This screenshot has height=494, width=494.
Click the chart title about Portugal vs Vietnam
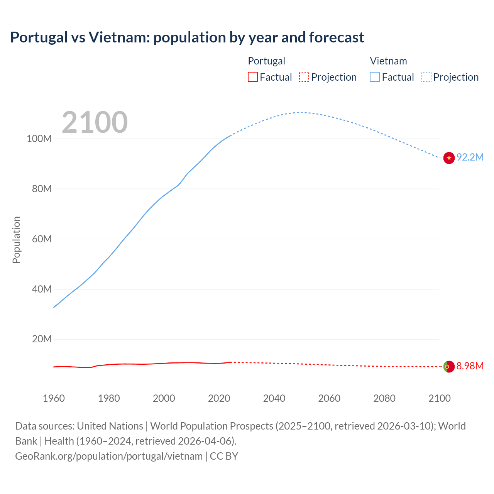tap(187, 37)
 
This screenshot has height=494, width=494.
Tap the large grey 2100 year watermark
tap(95, 122)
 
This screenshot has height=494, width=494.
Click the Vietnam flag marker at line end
tap(448, 157)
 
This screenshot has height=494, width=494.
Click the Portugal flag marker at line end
tap(448, 366)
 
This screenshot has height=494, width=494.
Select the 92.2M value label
tap(470, 157)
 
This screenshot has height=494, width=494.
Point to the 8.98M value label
tap(470, 366)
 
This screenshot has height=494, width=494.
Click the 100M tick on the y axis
tap(39, 139)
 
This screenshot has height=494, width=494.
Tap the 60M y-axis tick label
tap(41, 239)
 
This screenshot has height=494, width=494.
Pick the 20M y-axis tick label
tap(41, 339)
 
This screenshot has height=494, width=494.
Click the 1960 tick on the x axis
tap(54, 398)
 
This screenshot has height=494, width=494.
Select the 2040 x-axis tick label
tap(274, 398)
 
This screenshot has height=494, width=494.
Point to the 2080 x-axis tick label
tap(384, 398)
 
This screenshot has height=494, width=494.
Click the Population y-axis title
tap(16, 240)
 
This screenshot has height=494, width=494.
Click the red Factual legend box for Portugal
tap(252, 77)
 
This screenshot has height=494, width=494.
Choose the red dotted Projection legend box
tap(304, 77)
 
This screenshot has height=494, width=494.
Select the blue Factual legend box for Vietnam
tap(374, 77)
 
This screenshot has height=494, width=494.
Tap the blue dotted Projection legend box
tap(426, 77)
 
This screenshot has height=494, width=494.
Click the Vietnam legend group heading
tap(388, 61)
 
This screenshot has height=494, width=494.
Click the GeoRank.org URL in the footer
tap(109, 456)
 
